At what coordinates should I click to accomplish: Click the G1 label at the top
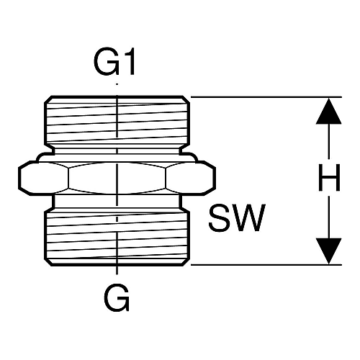[x=114, y=61]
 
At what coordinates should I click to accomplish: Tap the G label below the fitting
[x=117, y=297]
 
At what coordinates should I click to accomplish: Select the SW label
[x=237, y=217]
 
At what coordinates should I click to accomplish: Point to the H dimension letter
[x=329, y=178]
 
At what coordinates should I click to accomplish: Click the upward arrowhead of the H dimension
[x=328, y=111]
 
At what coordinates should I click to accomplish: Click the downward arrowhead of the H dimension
[x=328, y=251]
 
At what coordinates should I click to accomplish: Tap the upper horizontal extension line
[x=266, y=97]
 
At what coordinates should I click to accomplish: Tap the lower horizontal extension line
[x=266, y=265]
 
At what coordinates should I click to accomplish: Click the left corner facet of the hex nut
[x=44, y=178]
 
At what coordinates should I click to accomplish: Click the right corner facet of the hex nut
[x=190, y=178]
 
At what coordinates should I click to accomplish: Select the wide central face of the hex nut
[x=117, y=178]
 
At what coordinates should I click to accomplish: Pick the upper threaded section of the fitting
[x=117, y=120]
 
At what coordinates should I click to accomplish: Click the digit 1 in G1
[x=129, y=61]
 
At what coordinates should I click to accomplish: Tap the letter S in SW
[x=219, y=217]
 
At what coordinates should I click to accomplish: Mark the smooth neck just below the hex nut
[x=117, y=202]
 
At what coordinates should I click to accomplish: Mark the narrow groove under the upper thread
[x=117, y=150]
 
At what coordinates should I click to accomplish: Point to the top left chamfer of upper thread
[x=48, y=99]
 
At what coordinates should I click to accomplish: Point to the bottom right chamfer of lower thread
[x=186, y=262]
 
